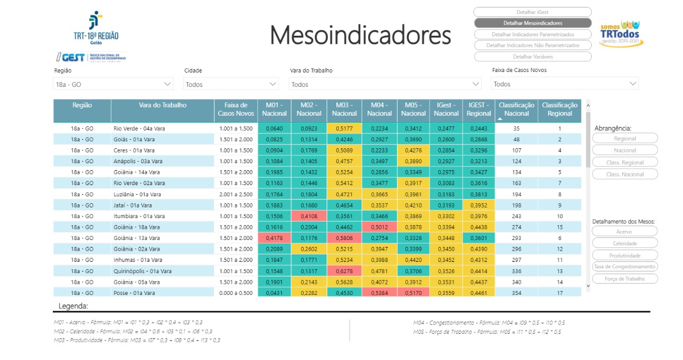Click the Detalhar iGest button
tap(532, 12)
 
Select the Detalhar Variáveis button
tap(532, 57)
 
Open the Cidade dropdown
tap(231, 84)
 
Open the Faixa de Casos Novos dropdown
tap(565, 84)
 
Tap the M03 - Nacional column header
tap(344, 109)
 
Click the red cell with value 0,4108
tap(309, 217)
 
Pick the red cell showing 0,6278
tap(344, 271)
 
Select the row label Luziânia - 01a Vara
tap(138, 195)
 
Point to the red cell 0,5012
tap(379, 227)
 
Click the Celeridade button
tap(625, 243)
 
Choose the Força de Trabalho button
tap(625, 278)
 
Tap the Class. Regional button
tap(625, 162)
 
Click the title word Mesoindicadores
tap(360, 35)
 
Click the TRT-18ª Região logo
tap(96, 27)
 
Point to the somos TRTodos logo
tap(620, 34)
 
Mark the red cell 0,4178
tap(274, 238)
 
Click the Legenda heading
tap(73, 306)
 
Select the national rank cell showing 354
tap(517, 293)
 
